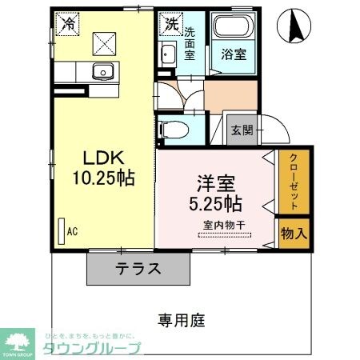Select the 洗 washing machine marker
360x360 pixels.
pos(171,24)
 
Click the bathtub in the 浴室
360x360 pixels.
pos(234,30)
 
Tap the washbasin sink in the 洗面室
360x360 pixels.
pos(168,56)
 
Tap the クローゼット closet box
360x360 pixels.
pos(294,182)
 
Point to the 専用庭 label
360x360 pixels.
pos(182,321)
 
